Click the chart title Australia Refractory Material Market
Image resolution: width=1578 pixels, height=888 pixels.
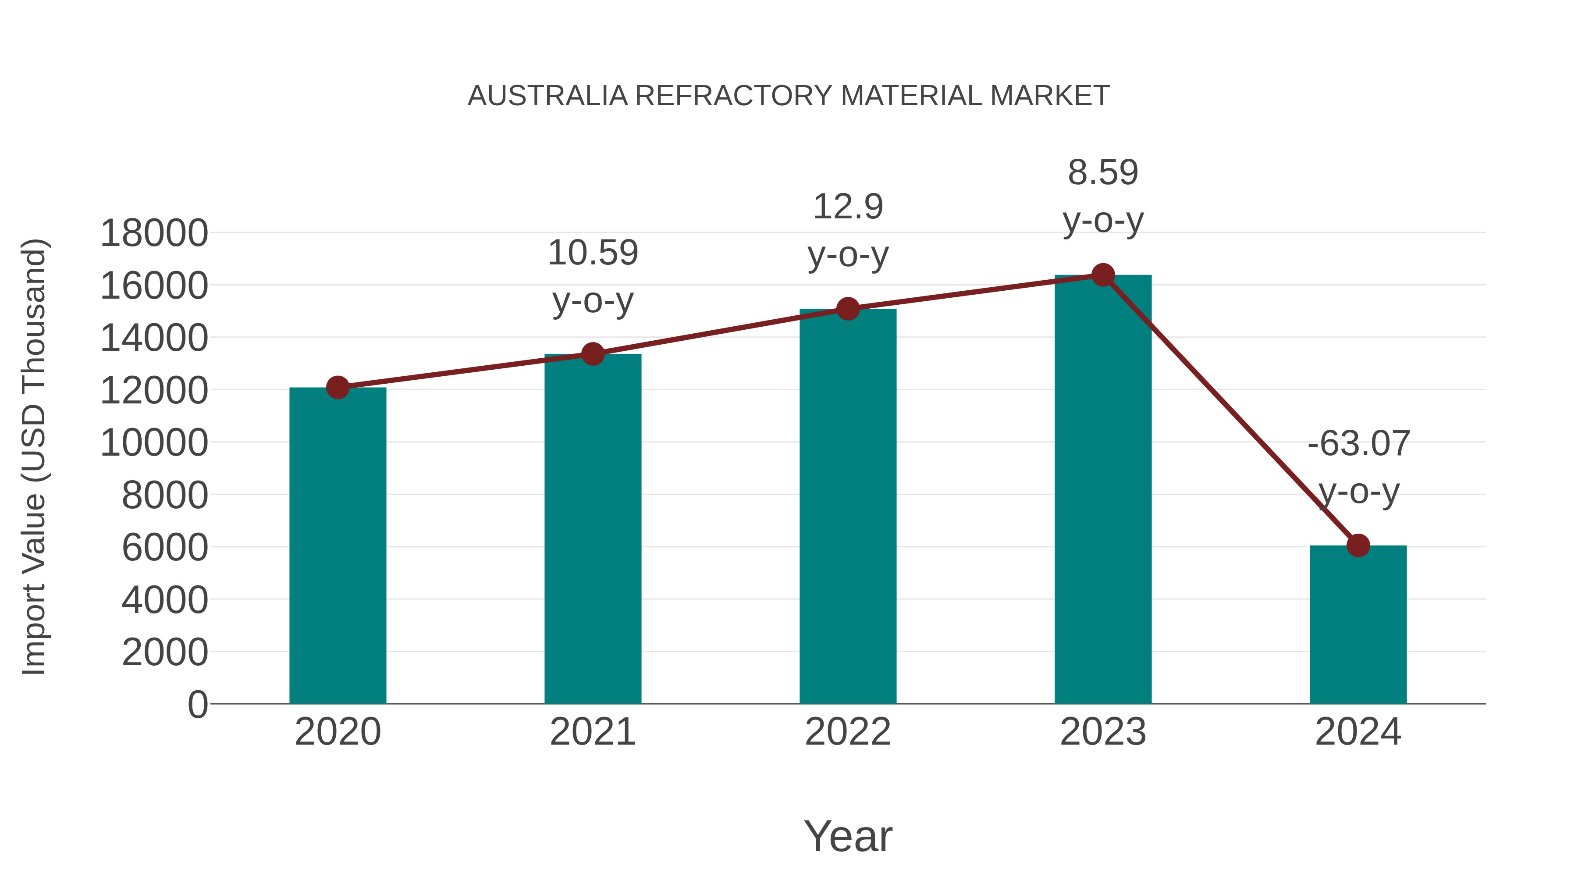point(789,96)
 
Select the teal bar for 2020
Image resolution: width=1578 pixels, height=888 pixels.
point(338,546)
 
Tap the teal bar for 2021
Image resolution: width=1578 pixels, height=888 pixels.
point(592,528)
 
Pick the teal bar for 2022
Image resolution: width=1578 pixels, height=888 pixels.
point(848,506)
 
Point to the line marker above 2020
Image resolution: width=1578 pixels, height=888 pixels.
point(338,387)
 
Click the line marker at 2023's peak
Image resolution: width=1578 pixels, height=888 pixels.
point(1103,275)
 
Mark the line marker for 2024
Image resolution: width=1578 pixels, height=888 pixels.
point(1358,545)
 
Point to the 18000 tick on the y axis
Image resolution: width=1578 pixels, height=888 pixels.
point(154,233)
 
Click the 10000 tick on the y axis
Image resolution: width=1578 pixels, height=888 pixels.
point(154,442)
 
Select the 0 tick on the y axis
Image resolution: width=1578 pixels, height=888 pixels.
point(197,704)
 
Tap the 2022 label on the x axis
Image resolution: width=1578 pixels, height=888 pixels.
point(848,732)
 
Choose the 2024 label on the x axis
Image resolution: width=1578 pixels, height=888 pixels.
point(1358,732)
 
